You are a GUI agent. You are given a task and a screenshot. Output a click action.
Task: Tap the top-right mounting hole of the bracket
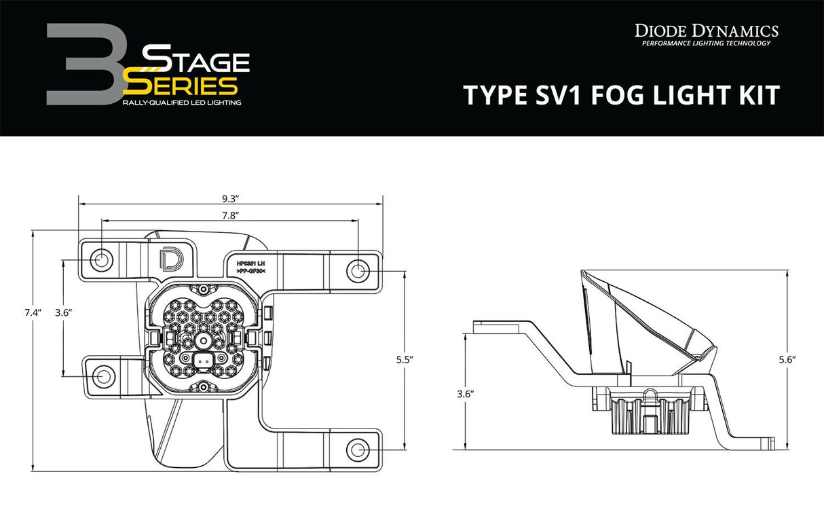(358, 271)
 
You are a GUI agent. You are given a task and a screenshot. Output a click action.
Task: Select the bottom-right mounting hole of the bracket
(358, 450)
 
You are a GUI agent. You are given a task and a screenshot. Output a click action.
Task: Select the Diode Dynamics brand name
(706, 30)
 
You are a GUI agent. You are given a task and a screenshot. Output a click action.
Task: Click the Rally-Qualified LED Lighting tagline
(181, 102)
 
